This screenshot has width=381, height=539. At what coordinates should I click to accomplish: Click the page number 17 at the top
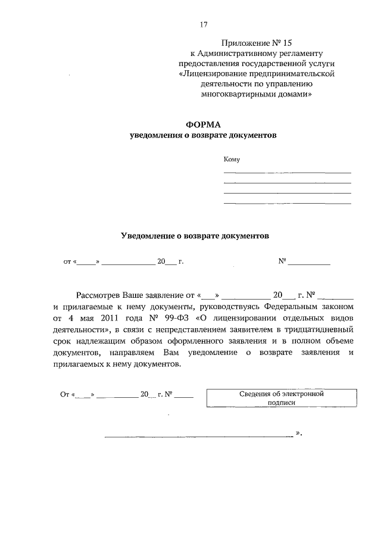point(202,24)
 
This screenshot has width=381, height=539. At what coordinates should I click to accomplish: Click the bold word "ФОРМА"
point(204,124)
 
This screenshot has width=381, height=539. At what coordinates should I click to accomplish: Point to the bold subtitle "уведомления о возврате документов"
point(204,135)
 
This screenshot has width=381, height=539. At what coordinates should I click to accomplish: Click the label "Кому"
point(231,159)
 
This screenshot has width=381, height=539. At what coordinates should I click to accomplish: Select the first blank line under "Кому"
point(287,172)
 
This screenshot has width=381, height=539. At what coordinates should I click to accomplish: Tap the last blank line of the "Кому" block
point(287,204)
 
